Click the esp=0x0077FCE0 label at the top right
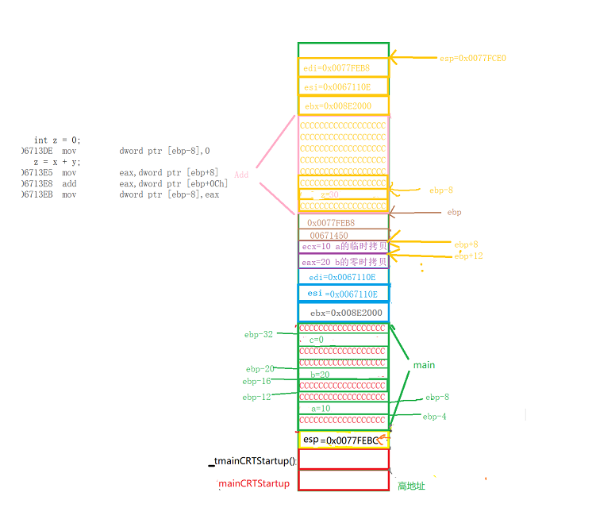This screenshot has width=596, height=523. tap(472, 58)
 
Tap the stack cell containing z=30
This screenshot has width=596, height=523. tap(343, 194)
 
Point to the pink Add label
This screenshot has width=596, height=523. tap(241, 175)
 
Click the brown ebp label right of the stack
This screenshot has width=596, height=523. tap(454, 212)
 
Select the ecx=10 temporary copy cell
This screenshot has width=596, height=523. tap(344, 247)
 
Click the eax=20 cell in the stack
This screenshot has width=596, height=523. tap(344, 261)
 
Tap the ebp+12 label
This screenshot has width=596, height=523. tap(468, 256)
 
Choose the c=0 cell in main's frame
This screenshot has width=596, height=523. tap(343, 340)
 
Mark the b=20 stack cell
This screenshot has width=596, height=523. tap(343, 375)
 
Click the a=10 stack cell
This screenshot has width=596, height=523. tap(343, 409)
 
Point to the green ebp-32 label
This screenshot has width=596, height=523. tap(259, 335)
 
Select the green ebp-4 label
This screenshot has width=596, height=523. tap(435, 416)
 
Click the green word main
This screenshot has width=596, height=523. tap(424, 365)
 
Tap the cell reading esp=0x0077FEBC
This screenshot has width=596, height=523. tap(343, 440)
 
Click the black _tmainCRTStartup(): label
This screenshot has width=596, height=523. tap(252, 461)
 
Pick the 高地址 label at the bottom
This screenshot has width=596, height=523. tap(411, 486)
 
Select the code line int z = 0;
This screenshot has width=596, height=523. tap(57, 140)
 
